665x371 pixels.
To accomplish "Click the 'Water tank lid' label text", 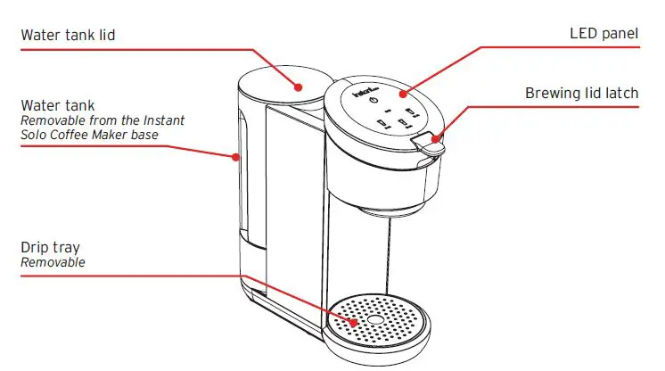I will (68, 36).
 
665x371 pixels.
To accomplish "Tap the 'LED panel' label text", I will (603, 34).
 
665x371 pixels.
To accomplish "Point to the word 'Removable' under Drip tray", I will (53, 263).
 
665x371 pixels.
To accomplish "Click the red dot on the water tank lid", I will (300, 87).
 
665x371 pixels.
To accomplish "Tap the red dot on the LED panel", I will (401, 92).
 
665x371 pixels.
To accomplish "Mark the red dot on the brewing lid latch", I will (434, 137).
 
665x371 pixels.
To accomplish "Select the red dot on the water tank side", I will (235, 157).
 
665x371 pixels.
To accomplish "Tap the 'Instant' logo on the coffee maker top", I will (365, 91).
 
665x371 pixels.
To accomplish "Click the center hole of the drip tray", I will (375, 319).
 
